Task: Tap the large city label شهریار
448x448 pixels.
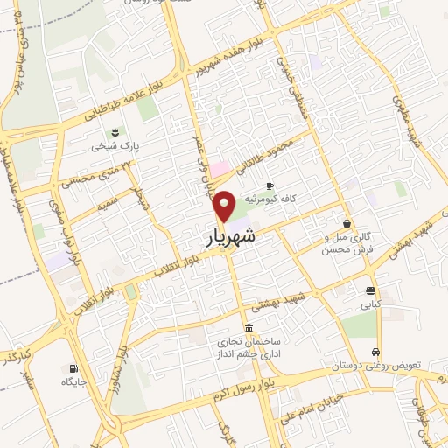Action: [234, 236]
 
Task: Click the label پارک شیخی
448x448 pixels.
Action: [112, 146]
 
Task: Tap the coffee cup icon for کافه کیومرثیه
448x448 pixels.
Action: [269, 185]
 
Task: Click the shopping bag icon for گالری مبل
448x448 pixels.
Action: [347, 222]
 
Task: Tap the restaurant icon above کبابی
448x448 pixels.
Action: [371, 290]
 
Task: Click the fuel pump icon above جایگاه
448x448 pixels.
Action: [73, 368]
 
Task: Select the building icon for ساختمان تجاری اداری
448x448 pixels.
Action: [248, 327]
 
